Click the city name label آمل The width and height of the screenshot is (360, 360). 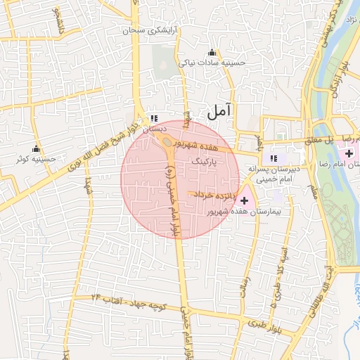220,110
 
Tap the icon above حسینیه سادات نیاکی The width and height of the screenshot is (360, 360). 212,53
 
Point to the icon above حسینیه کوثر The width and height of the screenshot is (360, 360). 36,149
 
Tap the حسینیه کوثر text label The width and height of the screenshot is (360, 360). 37,160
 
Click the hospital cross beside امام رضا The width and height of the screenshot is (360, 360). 349,153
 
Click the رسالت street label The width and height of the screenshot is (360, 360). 246,288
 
